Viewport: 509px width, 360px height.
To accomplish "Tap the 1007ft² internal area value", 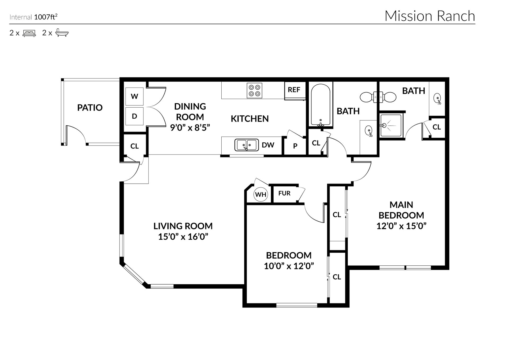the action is (46, 17).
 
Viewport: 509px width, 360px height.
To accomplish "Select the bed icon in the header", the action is (29, 33).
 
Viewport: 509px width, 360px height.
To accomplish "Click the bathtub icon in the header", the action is (62, 33).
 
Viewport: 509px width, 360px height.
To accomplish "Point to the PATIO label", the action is (90, 108).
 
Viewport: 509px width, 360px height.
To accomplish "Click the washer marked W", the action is (134, 96).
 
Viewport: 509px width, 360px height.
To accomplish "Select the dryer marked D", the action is (134, 116).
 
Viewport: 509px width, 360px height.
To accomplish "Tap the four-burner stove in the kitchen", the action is (254, 90).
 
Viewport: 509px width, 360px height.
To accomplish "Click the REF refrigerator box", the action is (294, 90).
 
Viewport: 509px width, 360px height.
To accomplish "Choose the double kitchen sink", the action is (247, 145).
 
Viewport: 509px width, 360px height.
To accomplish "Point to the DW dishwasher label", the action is (268, 145).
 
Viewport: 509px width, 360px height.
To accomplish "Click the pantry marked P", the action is (295, 146).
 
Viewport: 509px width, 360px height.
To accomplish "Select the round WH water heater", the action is (261, 194).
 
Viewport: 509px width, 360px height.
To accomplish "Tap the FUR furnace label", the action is (284, 193).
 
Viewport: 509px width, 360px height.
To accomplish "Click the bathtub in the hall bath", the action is (321, 105).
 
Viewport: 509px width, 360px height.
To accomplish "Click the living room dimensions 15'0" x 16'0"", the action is (183, 236).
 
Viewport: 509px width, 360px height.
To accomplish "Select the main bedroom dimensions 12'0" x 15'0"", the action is (401, 226).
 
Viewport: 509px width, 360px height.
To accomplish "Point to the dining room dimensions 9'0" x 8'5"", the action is (190, 128).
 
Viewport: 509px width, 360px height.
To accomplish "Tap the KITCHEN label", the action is (250, 119).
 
